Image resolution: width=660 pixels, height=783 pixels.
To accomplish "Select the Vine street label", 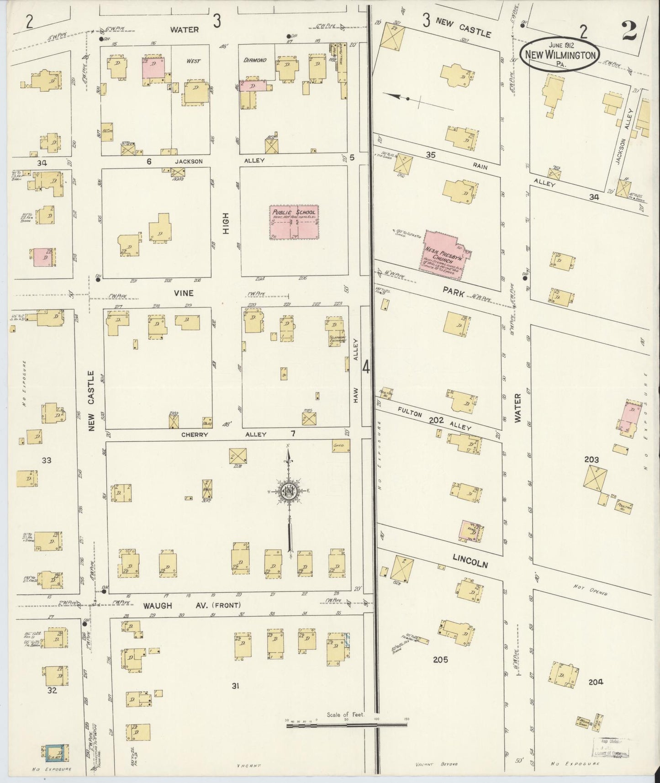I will coord(183,293).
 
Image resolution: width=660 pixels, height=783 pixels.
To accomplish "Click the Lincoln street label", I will coord(470,561).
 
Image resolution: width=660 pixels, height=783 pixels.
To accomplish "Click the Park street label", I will coord(453,292).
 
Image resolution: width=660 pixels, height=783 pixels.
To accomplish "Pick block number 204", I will coord(596,682).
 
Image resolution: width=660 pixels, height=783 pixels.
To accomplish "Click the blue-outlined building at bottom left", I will coord(54,752).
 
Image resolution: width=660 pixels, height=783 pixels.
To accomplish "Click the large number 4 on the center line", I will coord(366,367).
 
